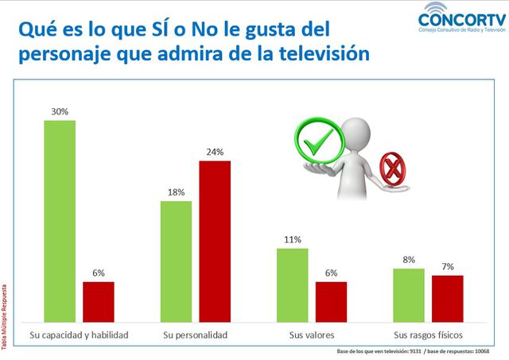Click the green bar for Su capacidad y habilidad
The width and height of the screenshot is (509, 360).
point(60,219)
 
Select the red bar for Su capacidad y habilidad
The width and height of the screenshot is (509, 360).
point(99,300)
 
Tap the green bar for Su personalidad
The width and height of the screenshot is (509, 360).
point(176,259)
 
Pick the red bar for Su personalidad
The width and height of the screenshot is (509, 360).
point(215,239)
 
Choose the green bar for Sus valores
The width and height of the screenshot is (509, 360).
point(292,283)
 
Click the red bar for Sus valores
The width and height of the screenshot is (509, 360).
point(331,300)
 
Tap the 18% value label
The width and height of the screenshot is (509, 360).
point(176,192)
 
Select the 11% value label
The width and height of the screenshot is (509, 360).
point(292,239)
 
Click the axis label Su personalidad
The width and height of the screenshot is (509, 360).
point(195,335)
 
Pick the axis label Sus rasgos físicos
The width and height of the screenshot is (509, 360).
point(428,335)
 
